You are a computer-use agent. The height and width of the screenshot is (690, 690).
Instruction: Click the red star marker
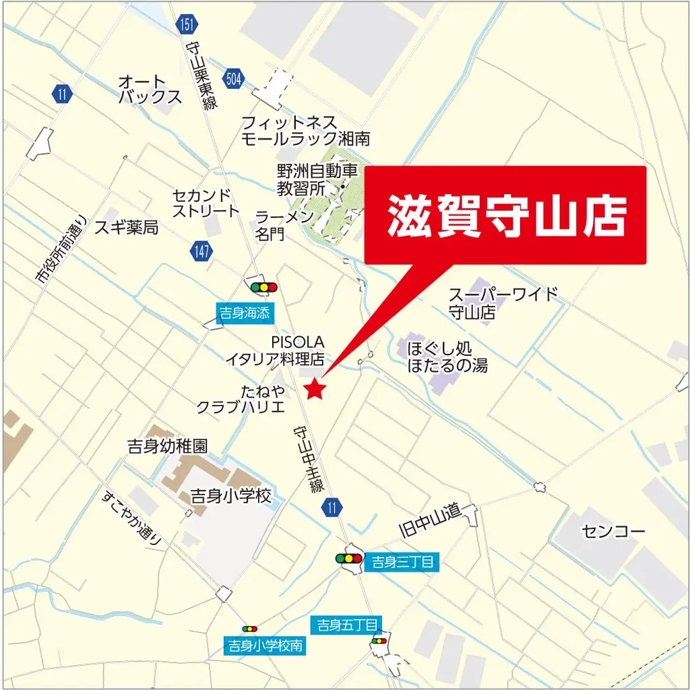click(x=315, y=389)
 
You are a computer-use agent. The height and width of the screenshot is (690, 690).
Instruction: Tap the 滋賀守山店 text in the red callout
click(x=506, y=216)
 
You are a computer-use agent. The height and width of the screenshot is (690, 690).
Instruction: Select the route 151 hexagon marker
click(x=187, y=26)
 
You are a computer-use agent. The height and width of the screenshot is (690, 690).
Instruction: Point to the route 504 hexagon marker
click(x=234, y=79)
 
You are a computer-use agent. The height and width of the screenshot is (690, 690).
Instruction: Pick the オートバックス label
click(x=150, y=90)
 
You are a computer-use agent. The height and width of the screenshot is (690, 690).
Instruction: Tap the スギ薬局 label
click(x=127, y=227)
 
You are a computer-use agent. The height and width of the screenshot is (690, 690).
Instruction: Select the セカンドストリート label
click(x=206, y=202)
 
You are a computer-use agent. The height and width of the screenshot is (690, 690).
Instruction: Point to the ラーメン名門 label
click(x=284, y=225)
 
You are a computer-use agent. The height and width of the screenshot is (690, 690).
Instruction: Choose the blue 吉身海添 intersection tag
click(x=244, y=313)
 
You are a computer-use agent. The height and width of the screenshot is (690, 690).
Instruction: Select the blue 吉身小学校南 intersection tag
click(x=265, y=646)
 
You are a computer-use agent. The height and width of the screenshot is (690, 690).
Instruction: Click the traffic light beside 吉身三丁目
click(x=348, y=559)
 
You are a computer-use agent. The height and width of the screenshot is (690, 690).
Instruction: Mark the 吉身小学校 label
click(x=231, y=497)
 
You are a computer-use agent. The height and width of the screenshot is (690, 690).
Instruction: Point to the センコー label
click(x=613, y=531)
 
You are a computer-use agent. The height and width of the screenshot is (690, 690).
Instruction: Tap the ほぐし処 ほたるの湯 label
click(x=447, y=357)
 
